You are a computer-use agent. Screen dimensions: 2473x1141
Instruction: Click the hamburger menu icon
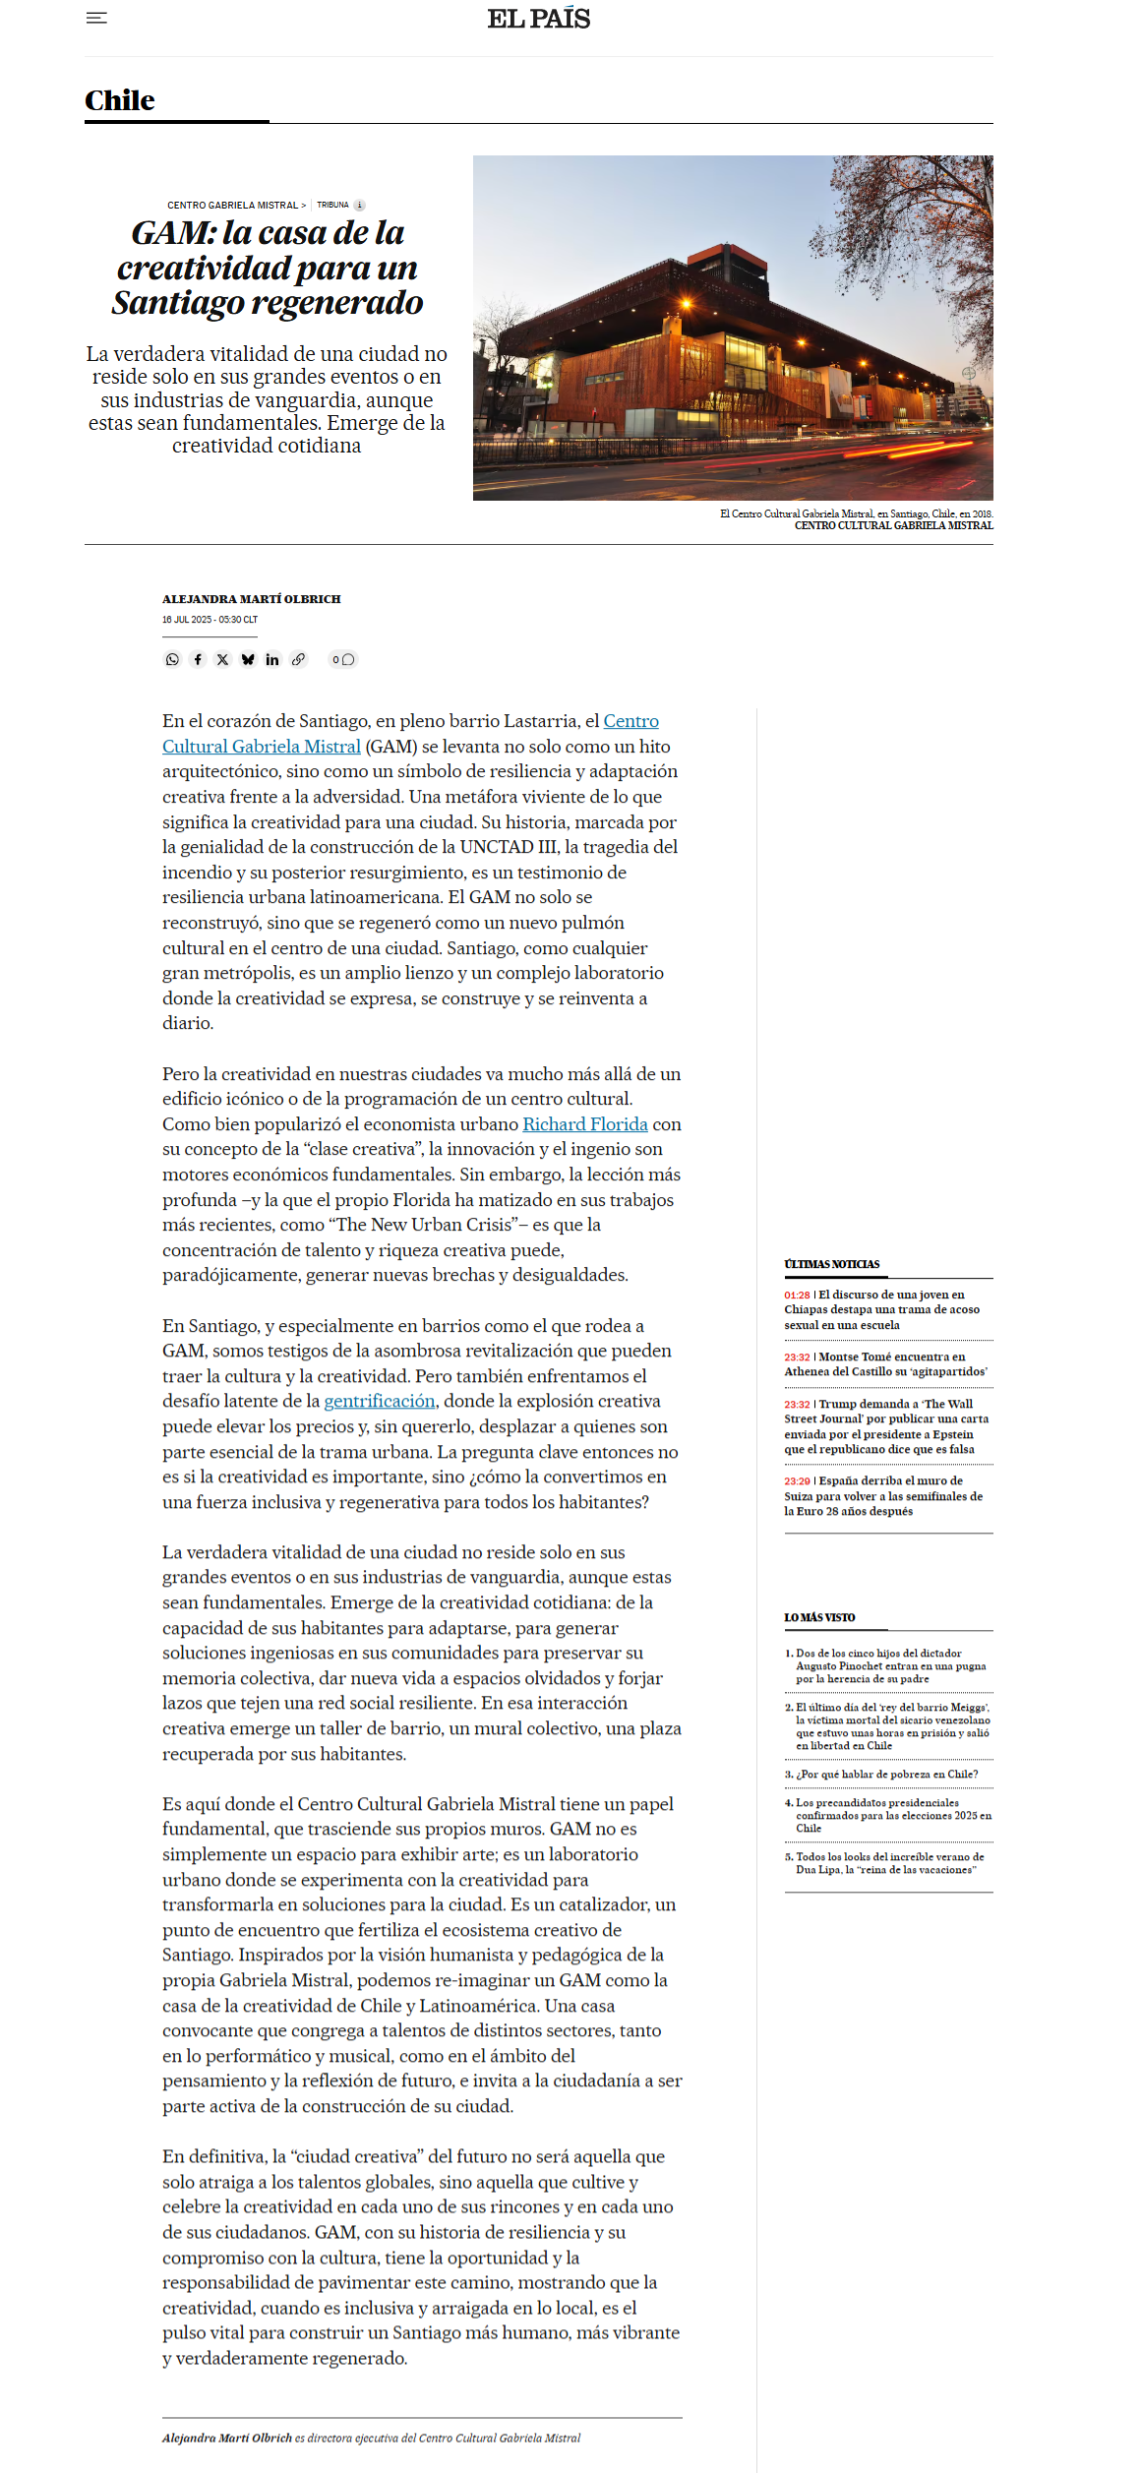point(96,18)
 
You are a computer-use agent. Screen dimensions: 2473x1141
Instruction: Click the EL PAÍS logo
point(539,19)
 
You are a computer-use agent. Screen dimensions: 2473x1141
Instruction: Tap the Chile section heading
point(120,101)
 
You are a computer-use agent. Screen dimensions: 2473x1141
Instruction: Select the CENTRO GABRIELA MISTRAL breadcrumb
point(232,206)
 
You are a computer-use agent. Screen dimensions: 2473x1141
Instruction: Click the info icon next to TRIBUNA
point(359,206)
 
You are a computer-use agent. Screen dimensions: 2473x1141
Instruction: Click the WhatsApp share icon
point(172,659)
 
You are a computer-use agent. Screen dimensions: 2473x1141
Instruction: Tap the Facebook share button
point(198,659)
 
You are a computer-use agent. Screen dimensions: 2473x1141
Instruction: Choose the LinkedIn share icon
point(272,659)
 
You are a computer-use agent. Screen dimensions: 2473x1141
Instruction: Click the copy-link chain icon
point(298,659)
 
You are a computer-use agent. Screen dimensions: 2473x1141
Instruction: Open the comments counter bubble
point(342,659)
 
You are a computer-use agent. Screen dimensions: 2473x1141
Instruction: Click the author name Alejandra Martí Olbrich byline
point(252,599)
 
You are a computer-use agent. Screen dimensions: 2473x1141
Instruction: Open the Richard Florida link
point(584,1124)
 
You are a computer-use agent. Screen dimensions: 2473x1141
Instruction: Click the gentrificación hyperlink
point(380,1401)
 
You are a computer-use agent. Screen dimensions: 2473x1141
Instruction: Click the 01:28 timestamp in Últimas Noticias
point(797,1296)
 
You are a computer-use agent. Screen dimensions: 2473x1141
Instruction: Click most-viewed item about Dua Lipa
point(889,1863)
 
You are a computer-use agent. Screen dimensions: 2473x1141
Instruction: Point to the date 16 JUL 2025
point(187,620)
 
